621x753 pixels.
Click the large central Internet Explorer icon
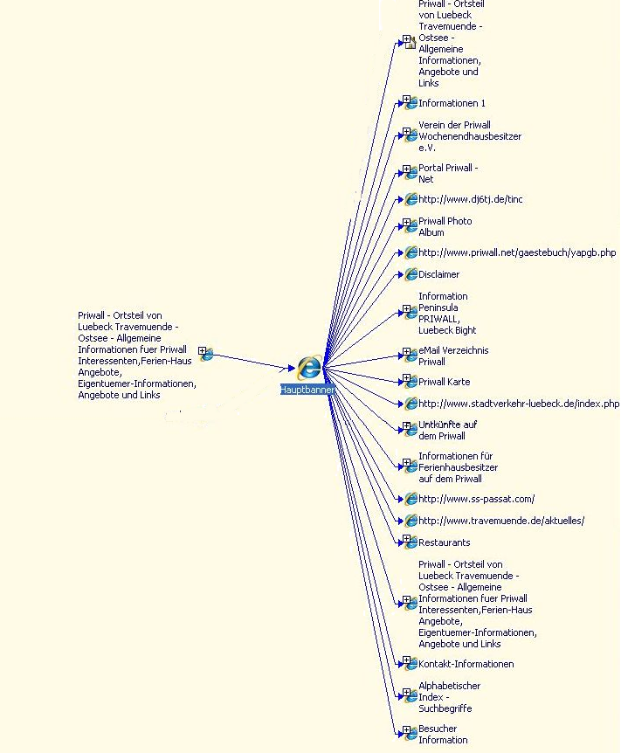point(308,368)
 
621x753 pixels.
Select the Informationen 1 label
point(452,103)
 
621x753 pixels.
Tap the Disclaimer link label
point(438,274)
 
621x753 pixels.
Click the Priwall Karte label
point(444,382)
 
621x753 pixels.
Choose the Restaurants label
point(444,542)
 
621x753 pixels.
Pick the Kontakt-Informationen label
point(466,664)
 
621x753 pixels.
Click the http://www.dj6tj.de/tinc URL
point(471,199)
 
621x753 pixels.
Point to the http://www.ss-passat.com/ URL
point(476,499)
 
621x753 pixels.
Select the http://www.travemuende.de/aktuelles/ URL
point(501,521)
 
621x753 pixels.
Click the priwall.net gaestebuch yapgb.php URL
point(517,252)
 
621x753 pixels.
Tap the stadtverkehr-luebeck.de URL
point(519,404)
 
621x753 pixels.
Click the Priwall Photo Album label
point(445,227)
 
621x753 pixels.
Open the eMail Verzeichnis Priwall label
point(453,356)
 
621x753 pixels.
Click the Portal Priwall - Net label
point(448,173)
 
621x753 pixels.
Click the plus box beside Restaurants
point(406,540)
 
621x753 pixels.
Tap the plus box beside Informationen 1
point(406,100)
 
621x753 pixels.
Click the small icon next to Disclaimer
point(411,275)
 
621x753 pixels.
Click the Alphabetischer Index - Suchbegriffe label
point(449,697)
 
